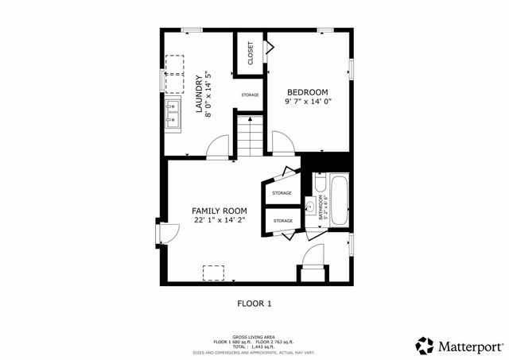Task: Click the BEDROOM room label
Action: coord(305,91)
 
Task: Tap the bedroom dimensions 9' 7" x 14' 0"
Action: coord(305,102)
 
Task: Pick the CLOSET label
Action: coord(251,53)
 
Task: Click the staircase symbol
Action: coord(251,135)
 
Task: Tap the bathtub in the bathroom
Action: coord(338,200)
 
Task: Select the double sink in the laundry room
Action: coord(173,115)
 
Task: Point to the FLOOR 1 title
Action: coord(254,304)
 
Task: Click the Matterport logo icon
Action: coord(425,345)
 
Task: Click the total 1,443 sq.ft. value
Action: coord(254,346)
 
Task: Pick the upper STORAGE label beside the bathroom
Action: coord(282,193)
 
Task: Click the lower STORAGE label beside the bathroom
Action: coord(283,220)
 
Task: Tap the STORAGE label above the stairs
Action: coord(251,95)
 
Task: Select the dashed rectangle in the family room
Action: coord(213,273)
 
